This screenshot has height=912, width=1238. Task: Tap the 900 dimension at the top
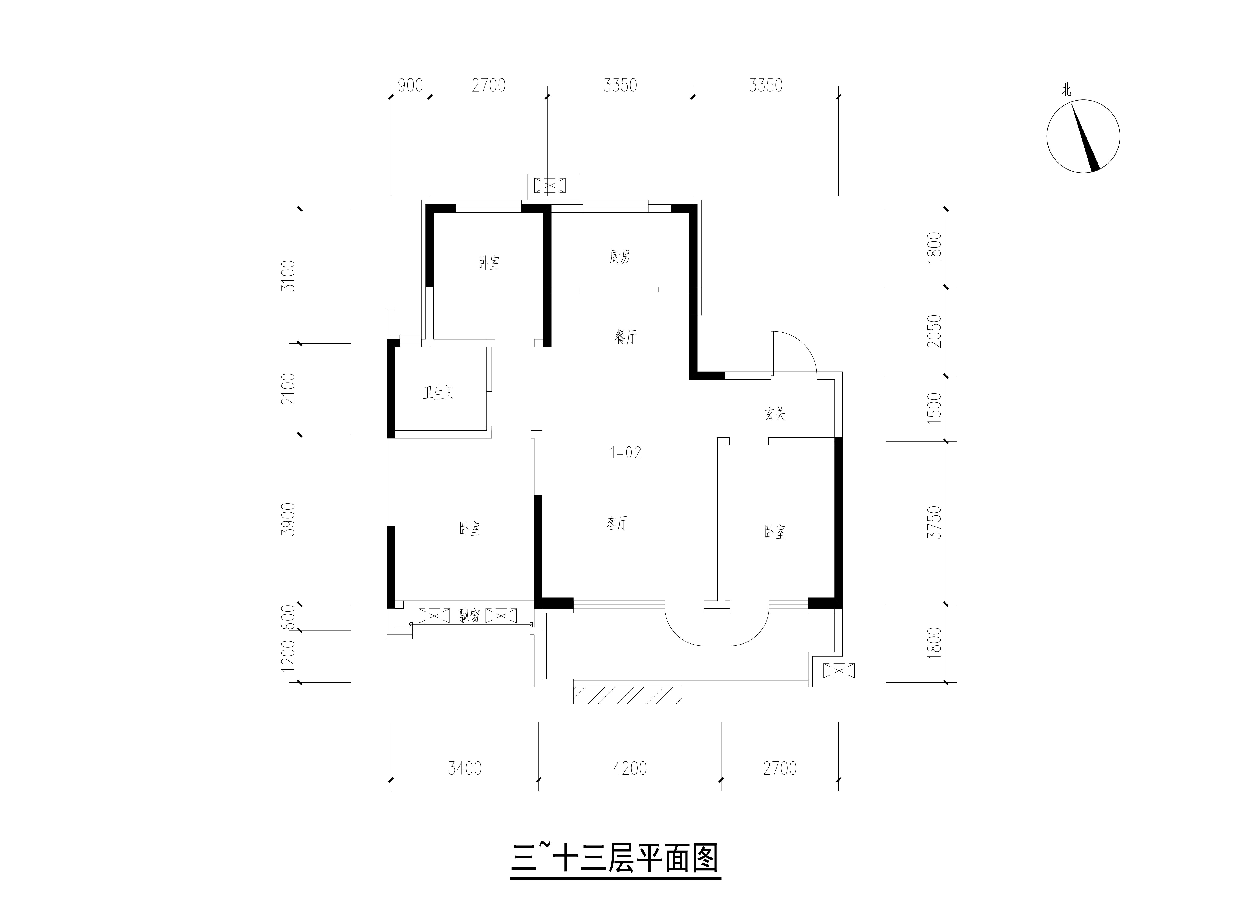(410, 85)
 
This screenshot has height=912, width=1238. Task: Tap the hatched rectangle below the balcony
(628, 696)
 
